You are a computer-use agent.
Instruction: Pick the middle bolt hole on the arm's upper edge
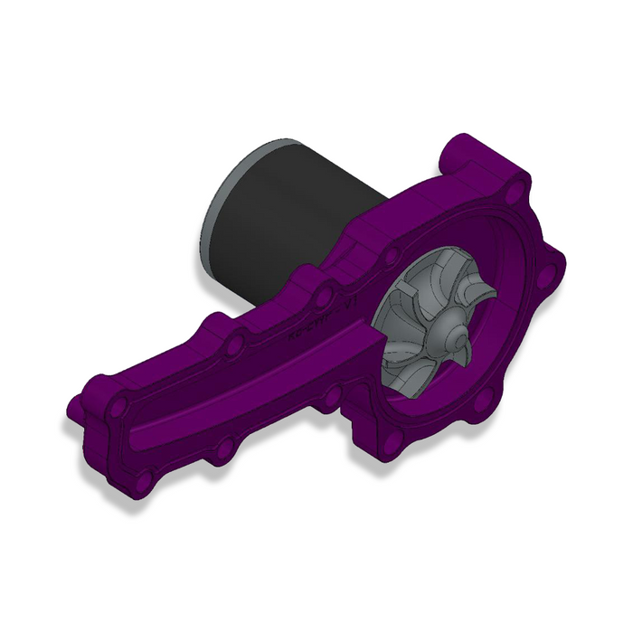point(233,346)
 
